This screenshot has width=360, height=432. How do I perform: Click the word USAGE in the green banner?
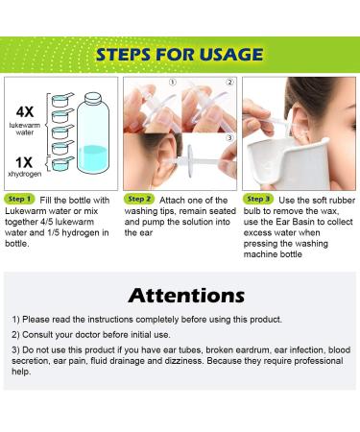pos(231,54)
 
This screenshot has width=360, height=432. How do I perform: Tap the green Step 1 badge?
pos(19,199)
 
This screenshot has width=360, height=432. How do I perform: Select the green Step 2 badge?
pos(139,199)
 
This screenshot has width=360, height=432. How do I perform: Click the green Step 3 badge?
pos(258,199)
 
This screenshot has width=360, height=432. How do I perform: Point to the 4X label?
pos(25,111)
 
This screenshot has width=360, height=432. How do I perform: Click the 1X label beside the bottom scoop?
pos(24,162)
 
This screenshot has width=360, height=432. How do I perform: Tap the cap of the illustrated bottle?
pos(93,98)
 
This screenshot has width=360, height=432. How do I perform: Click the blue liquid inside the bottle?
pos(93,158)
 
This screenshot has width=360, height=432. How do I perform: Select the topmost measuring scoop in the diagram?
pos(62,100)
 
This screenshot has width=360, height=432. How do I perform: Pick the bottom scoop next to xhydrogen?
pos(62,163)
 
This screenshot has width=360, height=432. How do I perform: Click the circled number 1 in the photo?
pos(172,83)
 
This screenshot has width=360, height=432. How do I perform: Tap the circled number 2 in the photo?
pos(229,83)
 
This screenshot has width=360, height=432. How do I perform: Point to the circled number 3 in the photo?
pos(229,137)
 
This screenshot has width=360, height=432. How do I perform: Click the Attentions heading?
pos(186,296)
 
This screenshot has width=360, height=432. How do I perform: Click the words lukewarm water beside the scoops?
pos(25,129)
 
